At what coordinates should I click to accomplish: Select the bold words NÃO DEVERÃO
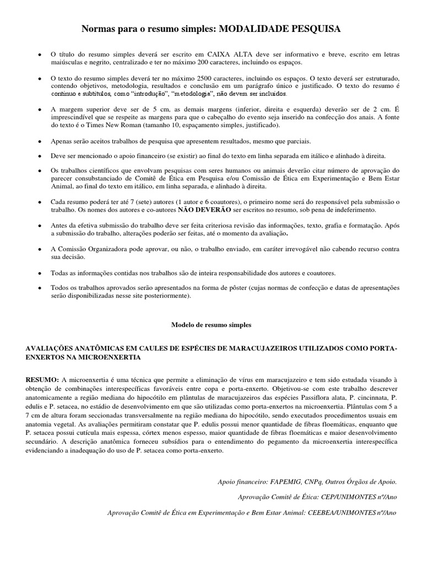coord(204,210)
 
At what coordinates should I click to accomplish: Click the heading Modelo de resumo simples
coord(211,325)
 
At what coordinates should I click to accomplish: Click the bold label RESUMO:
coord(42,380)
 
